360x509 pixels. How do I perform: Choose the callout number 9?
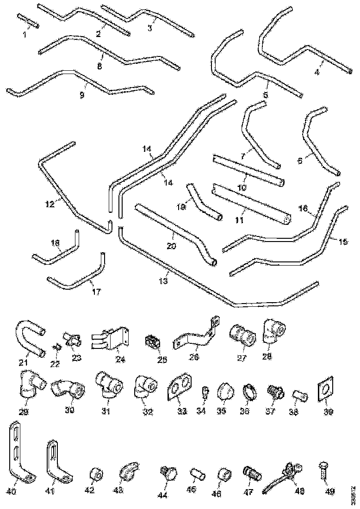[82, 95]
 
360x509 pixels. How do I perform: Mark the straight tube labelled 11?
[250, 204]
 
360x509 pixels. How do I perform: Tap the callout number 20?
[171, 246]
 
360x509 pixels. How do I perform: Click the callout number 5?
[265, 95]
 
